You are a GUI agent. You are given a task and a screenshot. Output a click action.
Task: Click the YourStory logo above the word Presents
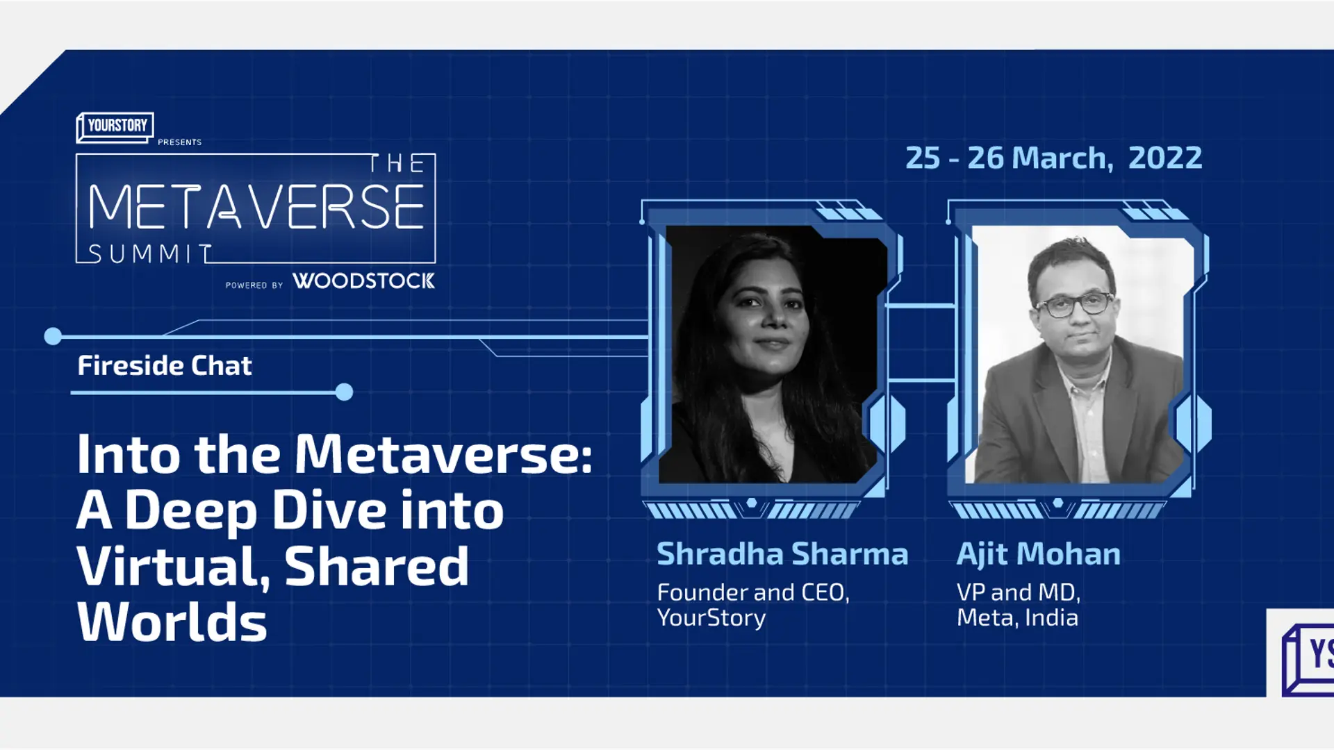(x=115, y=126)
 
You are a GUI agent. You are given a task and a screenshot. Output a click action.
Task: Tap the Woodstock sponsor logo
(x=363, y=281)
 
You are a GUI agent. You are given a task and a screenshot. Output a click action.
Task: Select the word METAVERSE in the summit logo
(x=256, y=207)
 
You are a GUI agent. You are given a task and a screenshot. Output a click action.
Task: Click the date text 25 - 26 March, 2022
(x=1053, y=158)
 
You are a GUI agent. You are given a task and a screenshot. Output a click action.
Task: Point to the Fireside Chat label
(x=164, y=366)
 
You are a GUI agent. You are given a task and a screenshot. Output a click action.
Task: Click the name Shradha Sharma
(x=782, y=554)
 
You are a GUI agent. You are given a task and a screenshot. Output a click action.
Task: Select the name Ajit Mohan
(x=1038, y=554)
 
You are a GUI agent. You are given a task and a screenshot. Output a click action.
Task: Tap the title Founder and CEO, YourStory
(x=753, y=605)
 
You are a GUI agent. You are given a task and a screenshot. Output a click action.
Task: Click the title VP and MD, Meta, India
(x=1018, y=605)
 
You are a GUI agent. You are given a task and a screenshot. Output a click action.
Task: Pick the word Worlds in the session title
(x=172, y=622)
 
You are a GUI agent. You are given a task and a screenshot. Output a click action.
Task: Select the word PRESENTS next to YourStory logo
(x=179, y=142)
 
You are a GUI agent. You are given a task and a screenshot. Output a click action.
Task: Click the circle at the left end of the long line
(x=53, y=337)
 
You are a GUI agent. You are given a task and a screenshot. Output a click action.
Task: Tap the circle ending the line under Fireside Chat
(x=344, y=392)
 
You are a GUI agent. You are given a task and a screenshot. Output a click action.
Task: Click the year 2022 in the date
(x=1164, y=158)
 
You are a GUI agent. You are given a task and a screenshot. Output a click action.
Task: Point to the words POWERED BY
(x=254, y=285)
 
